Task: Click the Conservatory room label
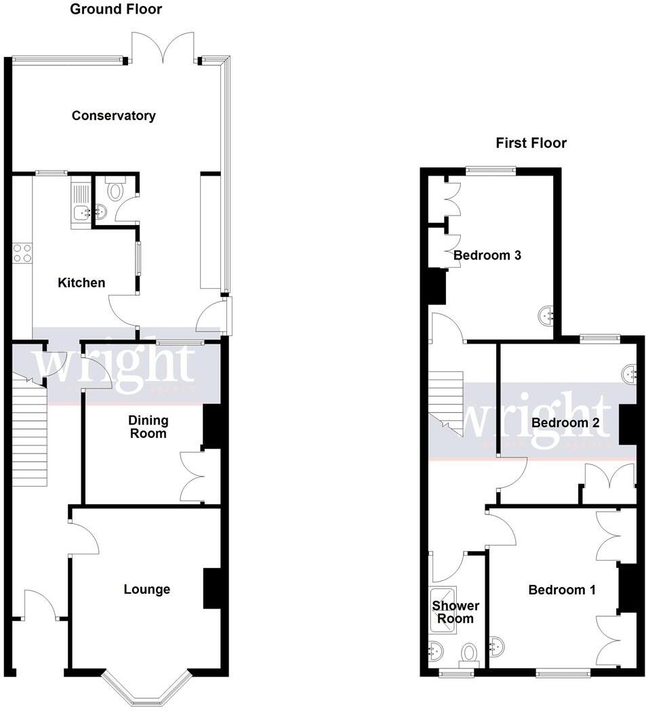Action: coord(114,116)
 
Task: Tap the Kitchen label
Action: coord(81,283)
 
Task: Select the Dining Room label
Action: coord(148,427)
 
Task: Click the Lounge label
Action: coord(146,590)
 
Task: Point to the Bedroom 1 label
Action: coord(562,590)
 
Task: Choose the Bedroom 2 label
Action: coord(565,423)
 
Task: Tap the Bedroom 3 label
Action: coord(487,256)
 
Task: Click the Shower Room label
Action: coord(456,612)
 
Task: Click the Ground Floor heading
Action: coord(116,9)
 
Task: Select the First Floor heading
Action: coord(531,143)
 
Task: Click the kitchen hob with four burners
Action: coord(22,253)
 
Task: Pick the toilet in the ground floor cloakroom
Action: coord(114,189)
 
